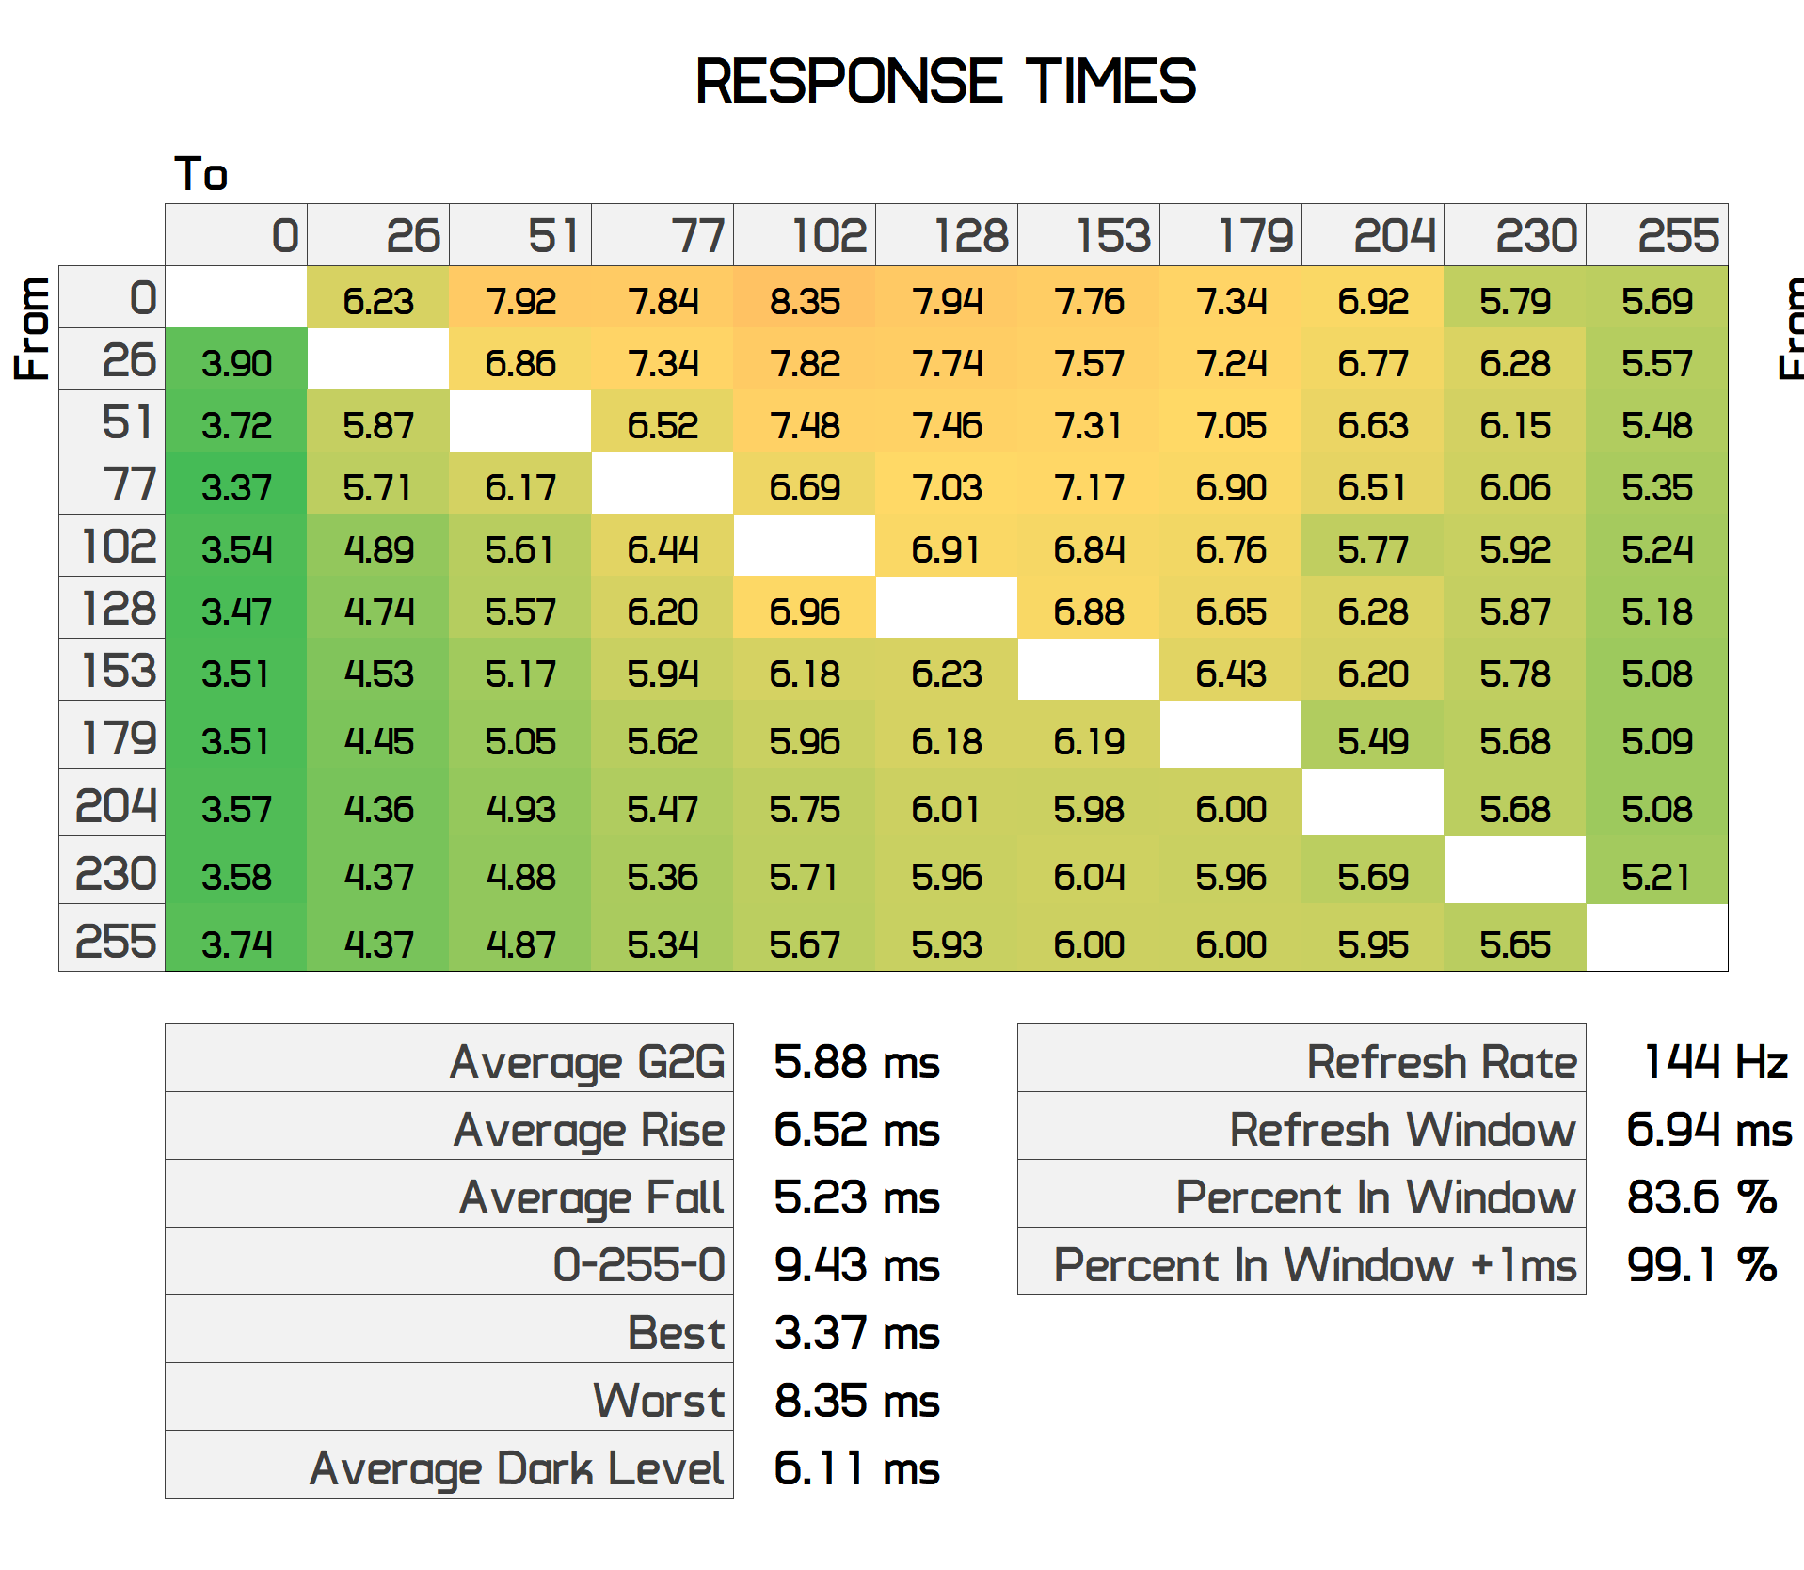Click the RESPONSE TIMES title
(945, 81)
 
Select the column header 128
(969, 235)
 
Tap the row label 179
(118, 737)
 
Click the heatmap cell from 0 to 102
(805, 301)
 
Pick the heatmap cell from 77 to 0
(236, 487)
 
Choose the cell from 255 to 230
(1515, 944)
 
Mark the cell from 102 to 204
(1373, 549)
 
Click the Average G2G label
(587, 1062)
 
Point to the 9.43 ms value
(856, 1265)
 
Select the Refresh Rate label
(1441, 1062)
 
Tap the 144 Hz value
(1715, 1062)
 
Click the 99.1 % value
(1701, 1265)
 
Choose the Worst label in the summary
(659, 1401)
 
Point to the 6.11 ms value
(856, 1468)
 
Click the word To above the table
(201, 174)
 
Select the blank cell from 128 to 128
(947, 611)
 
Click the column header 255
(1678, 235)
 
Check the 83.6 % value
(1701, 1197)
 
